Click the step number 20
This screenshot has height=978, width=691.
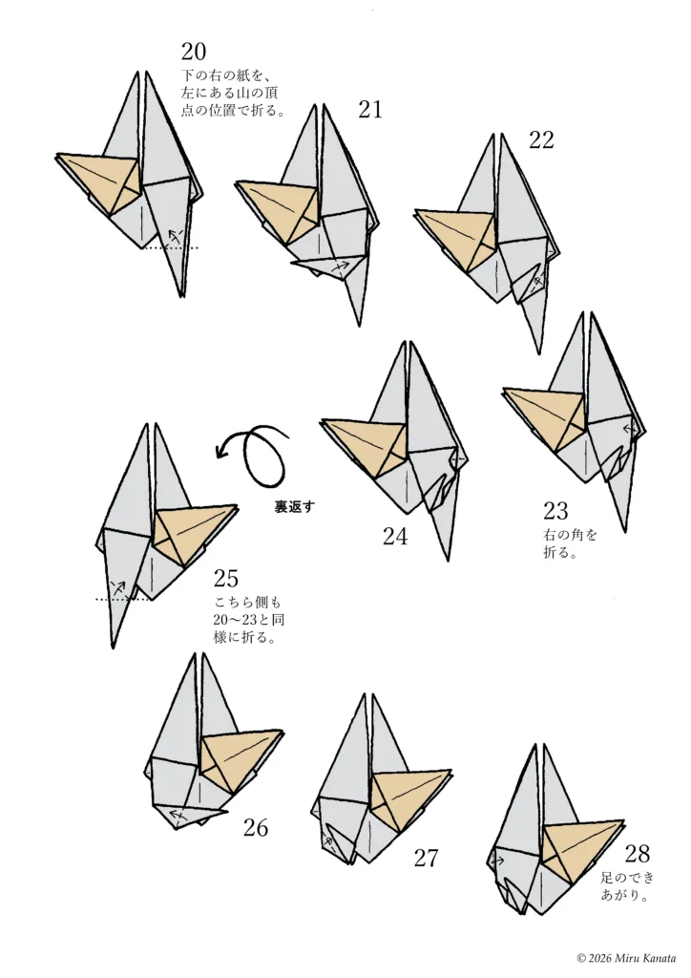click(x=193, y=52)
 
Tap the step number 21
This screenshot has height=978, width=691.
click(x=370, y=110)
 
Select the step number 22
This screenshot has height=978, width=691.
click(x=541, y=139)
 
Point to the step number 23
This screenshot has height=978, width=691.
click(x=555, y=511)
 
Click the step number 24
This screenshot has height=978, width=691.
click(x=395, y=537)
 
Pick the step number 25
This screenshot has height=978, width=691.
click(x=226, y=578)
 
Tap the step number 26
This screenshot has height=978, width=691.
click(x=256, y=828)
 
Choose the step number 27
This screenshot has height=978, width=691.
click(x=427, y=859)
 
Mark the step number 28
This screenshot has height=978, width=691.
click(x=638, y=853)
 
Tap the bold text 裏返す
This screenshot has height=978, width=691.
click(x=295, y=506)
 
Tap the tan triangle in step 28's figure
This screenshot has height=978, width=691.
click(x=577, y=844)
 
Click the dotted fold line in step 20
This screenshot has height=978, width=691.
click(x=170, y=247)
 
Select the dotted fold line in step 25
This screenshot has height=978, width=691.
click(x=123, y=600)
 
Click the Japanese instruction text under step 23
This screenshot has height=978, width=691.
click(x=570, y=543)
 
